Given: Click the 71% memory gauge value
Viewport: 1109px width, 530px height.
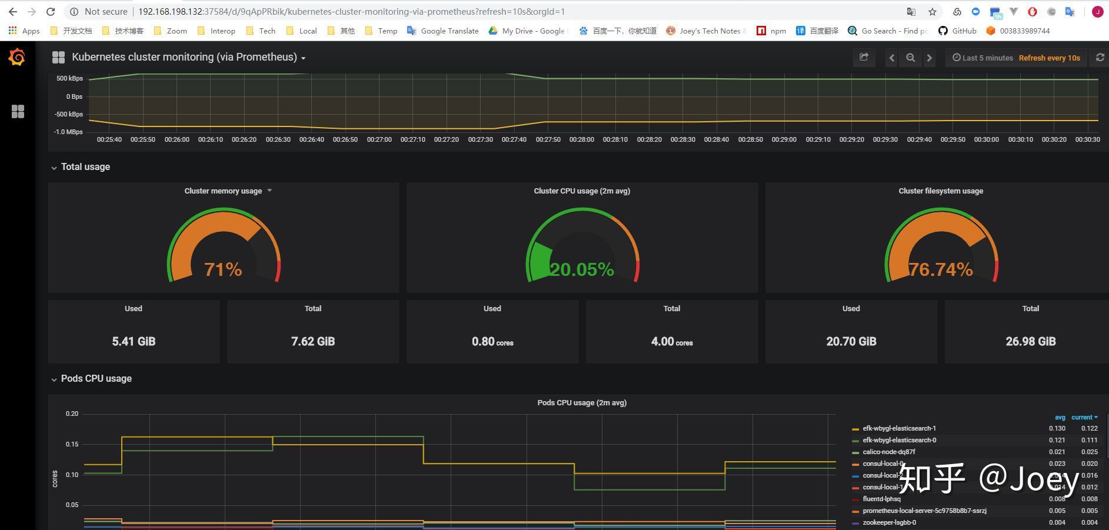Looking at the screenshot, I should tap(223, 269).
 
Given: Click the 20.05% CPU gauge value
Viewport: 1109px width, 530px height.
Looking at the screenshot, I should tap(582, 269).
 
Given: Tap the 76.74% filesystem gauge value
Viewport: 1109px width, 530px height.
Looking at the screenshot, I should tap(941, 269).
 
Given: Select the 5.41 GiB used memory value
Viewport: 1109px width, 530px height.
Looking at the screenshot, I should tap(134, 341).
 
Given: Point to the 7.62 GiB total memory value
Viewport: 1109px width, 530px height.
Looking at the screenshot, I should tap(313, 341).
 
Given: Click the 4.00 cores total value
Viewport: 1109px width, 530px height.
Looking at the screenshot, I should tap(671, 341).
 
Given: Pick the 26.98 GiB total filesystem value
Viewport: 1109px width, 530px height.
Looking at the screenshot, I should tap(1030, 341).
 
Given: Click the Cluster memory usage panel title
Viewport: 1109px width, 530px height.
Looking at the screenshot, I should tap(223, 191).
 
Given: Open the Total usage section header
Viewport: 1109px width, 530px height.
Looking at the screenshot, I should tap(85, 167).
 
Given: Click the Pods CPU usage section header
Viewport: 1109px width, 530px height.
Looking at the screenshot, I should tap(96, 379).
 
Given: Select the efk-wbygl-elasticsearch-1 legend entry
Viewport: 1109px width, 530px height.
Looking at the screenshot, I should tap(899, 428).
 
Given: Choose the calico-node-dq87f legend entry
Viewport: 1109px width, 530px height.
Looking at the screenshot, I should tap(888, 452).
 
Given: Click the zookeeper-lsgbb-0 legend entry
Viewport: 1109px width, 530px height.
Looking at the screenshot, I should tap(889, 522).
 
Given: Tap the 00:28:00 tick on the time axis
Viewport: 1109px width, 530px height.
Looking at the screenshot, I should tap(581, 139).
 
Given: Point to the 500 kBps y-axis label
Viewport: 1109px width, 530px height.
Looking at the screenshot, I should tap(69, 78).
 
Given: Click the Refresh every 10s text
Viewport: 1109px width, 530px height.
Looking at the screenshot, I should tap(1049, 58).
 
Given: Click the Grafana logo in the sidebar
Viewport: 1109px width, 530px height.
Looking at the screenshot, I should tap(17, 57).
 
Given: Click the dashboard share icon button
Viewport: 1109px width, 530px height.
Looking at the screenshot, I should tap(864, 57).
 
